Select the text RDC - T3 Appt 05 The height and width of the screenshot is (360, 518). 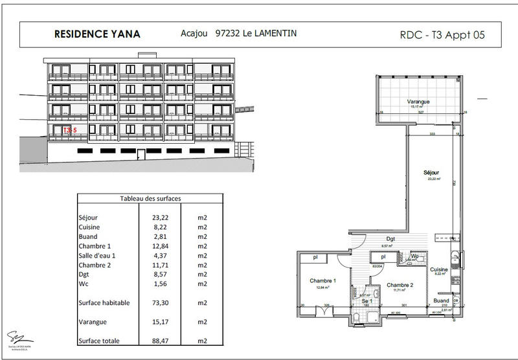pos(443,35)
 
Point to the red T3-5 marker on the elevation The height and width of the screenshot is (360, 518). pos(70,130)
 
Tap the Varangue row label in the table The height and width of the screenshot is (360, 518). pos(92,321)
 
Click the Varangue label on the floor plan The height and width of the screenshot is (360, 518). pos(419,102)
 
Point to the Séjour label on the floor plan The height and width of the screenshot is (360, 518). pos(431,173)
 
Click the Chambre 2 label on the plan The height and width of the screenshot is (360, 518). pos(400,284)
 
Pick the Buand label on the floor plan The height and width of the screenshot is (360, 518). pos(441,301)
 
